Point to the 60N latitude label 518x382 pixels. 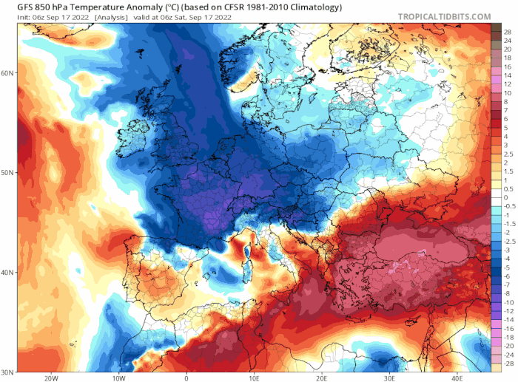(x=8, y=73)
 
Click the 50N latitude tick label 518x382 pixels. (x=8, y=173)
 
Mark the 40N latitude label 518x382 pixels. (x=8, y=273)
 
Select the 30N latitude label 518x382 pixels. (x=8, y=372)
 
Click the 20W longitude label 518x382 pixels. (x=51, y=378)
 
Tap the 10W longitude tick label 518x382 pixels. (x=118, y=378)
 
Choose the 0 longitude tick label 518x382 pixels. (x=186, y=378)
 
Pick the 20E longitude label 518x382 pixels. (x=322, y=378)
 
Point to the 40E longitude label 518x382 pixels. (x=457, y=378)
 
